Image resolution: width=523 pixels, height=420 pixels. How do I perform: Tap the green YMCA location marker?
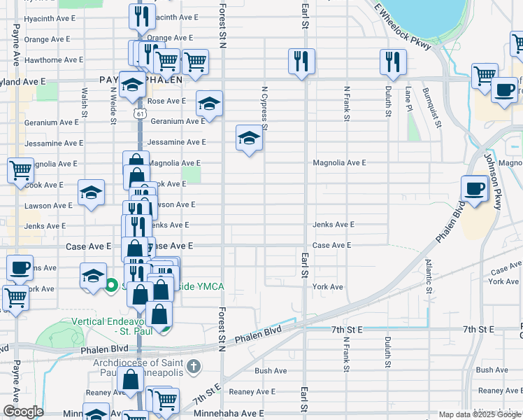[110, 285]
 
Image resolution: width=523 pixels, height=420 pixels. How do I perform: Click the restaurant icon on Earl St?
[301, 61]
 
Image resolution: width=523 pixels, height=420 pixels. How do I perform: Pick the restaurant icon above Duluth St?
[393, 62]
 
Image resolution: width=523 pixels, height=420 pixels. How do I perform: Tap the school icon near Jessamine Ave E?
[249, 137]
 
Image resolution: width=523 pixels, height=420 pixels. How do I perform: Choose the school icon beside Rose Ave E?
[208, 103]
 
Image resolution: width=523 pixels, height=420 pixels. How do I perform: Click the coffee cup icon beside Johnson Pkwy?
[475, 188]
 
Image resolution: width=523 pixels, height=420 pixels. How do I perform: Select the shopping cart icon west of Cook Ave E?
[21, 169]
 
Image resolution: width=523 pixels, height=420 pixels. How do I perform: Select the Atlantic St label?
[428, 278]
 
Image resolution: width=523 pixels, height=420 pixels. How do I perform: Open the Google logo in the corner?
[22, 412]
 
